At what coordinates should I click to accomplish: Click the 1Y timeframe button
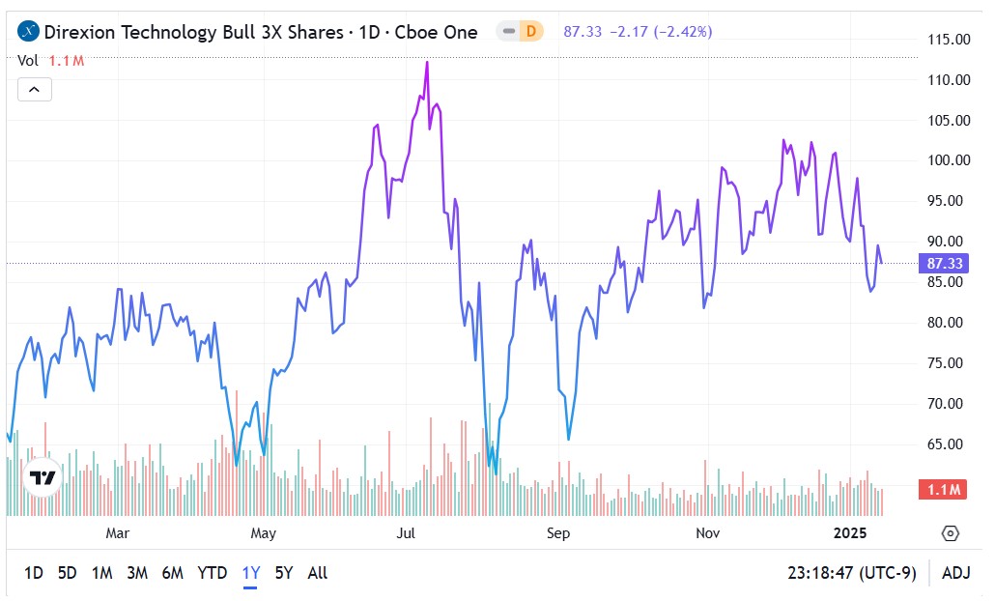pyautogui.click(x=251, y=573)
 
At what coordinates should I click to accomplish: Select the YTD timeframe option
pyautogui.click(x=213, y=573)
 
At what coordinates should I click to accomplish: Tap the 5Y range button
pyautogui.click(x=283, y=573)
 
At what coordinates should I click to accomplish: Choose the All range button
pyautogui.click(x=317, y=573)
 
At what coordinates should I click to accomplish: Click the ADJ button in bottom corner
pyautogui.click(x=955, y=573)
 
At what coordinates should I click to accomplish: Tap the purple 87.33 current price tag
pyautogui.click(x=942, y=263)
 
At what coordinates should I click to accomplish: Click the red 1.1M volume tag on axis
pyautogui.click(x=942, y=490)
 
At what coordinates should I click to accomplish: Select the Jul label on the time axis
pyautogui.click(x=406, y=533)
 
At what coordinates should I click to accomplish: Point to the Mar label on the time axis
pyautogui.click(x=118, y=533)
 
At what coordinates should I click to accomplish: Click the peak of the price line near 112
pyautogui.click(x=427, y=63)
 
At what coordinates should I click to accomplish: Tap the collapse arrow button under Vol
pyautogui.click(x=34, y=90)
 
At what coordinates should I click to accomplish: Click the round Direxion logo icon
pyautogui.click(x=29, y=32)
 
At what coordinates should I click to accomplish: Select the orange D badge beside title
pyautogui.click(x=529, y=32)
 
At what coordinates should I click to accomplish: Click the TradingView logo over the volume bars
pyautogui.click(x=43, y=477)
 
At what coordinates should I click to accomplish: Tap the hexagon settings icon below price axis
pyautogui.click(x=950, y=533)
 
